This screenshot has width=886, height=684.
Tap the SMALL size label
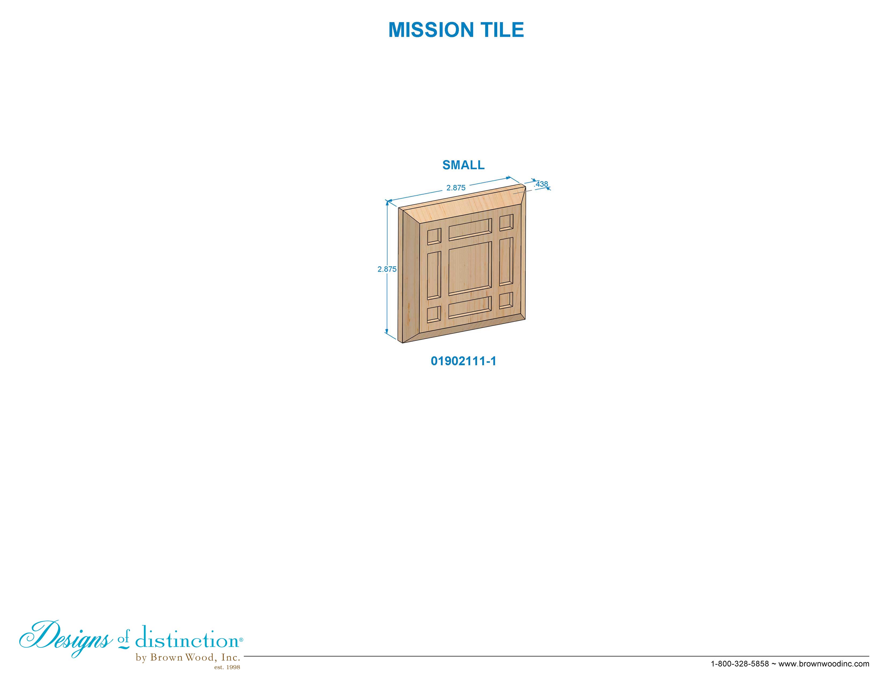[x=463, y=165]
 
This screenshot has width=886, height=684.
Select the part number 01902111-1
[x=463, y=361]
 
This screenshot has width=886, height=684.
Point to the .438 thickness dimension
[x=541, y=184]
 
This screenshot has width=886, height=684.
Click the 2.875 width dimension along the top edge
[x=456, y=187]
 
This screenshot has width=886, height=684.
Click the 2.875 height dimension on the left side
[x=387, y=269]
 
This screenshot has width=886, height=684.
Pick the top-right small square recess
[x=506, y=222]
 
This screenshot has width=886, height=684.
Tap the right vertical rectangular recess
[x=506, y=261]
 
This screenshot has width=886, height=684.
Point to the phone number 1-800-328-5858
[x=740, y=664]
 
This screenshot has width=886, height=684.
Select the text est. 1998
[x=227, y=667]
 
